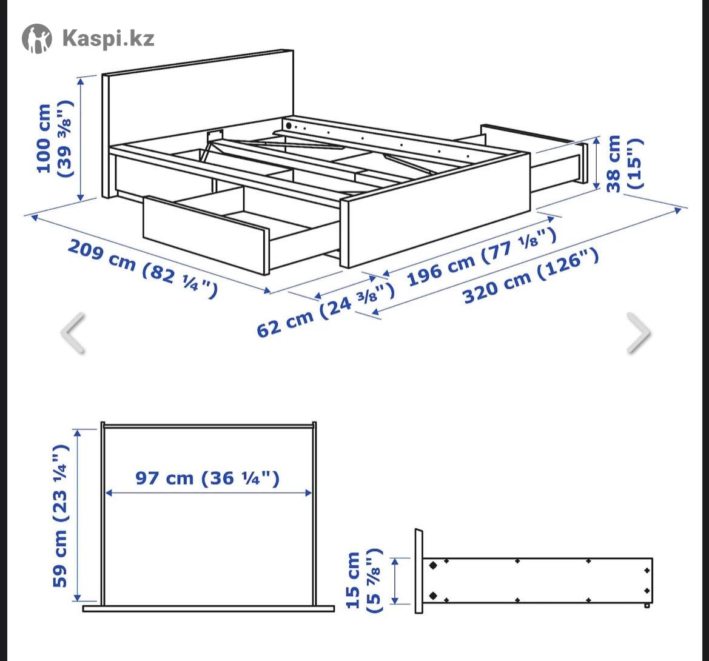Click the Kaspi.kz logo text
(108, 38)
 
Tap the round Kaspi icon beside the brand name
(37, 38)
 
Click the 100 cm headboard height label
(54, 139)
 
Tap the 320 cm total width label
(531, 276)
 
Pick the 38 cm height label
(623, 164)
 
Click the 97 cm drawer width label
(207, 478)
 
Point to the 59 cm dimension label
(61, 516)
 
